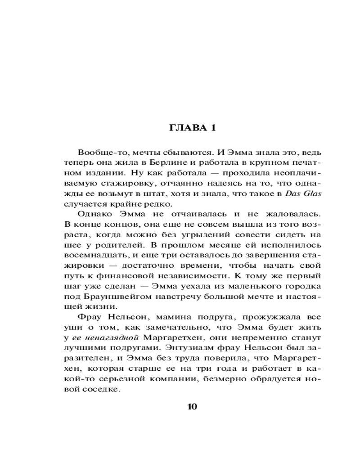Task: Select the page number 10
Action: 192,407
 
